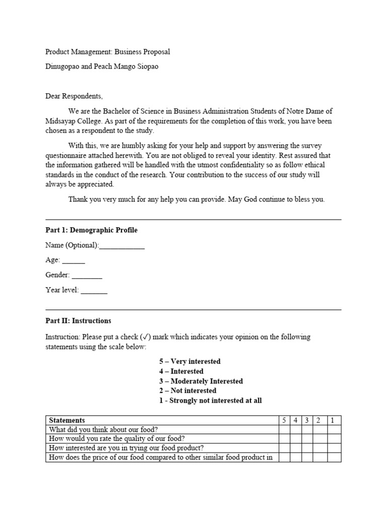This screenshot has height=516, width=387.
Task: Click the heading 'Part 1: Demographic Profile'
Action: click(91, 230)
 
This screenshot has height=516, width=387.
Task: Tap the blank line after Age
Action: click(74, 262)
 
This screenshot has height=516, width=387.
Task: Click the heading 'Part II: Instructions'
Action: click(78, 321)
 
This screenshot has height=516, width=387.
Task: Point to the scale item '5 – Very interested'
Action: click(190, 362)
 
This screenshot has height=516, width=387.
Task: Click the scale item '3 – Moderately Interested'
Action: click(201, 381)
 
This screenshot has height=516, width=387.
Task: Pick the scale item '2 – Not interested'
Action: click(188, 391)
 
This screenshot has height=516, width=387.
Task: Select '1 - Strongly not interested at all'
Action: click(210, 401)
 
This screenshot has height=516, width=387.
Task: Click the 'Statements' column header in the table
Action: click(67, 420)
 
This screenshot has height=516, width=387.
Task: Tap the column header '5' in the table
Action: click(285, 420)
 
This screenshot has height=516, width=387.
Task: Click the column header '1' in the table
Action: click(334, 420)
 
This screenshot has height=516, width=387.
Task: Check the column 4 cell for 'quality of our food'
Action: click(296, 438)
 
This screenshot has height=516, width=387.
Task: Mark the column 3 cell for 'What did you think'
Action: click(307, 429)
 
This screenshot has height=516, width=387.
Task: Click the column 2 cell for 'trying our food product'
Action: click(319, 447)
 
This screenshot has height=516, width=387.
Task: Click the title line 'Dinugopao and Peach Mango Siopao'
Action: click(102, 67)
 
